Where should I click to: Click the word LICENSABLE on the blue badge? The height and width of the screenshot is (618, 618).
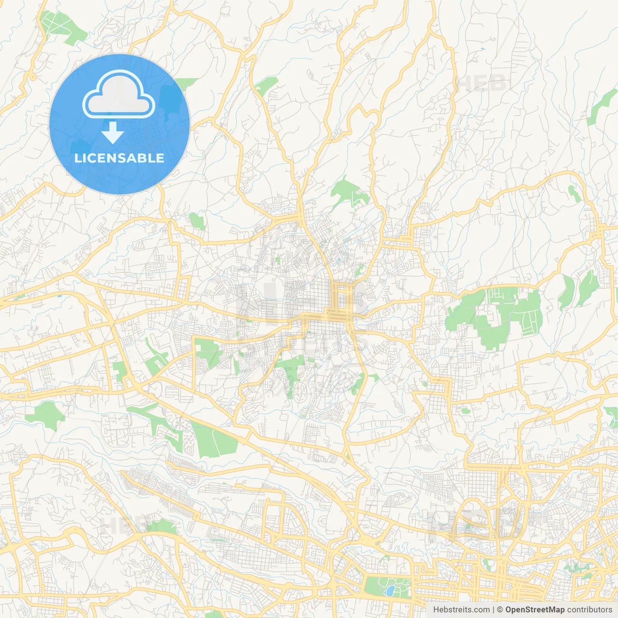(x=119, y=158)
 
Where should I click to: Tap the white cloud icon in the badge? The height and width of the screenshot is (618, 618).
(x=119, y=95)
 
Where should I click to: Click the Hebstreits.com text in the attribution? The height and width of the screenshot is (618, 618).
(x=461, y=610)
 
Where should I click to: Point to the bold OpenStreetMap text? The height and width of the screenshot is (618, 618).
(x=534, y=610)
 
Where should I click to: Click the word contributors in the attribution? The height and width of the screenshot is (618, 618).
(x=590, y=610)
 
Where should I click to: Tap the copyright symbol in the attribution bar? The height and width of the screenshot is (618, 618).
(x=500, y=610)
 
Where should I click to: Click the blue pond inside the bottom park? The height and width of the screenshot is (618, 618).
(x=389, y=590)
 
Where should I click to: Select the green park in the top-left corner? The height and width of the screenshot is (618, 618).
(x=60, y=27)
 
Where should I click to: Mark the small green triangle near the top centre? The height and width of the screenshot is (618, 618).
(x=266, y=85)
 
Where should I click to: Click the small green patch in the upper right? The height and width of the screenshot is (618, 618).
(x=574, y=193)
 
